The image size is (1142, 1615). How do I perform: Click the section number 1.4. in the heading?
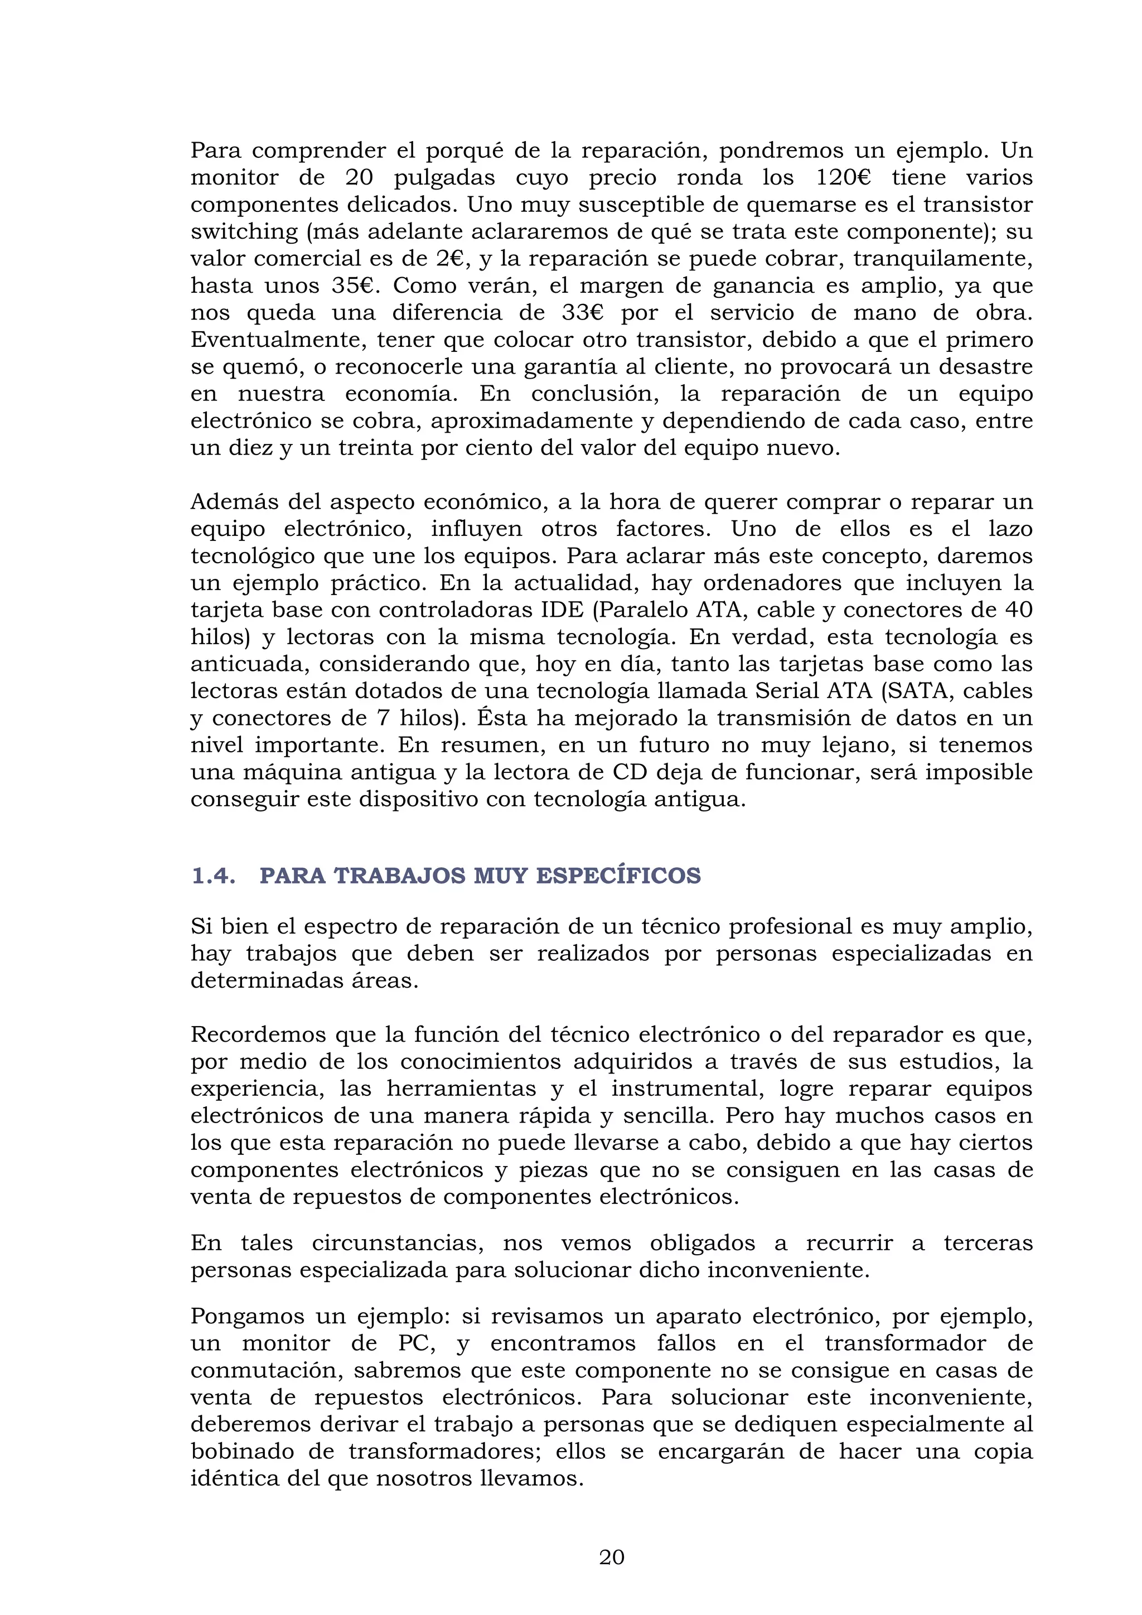point(213,876)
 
